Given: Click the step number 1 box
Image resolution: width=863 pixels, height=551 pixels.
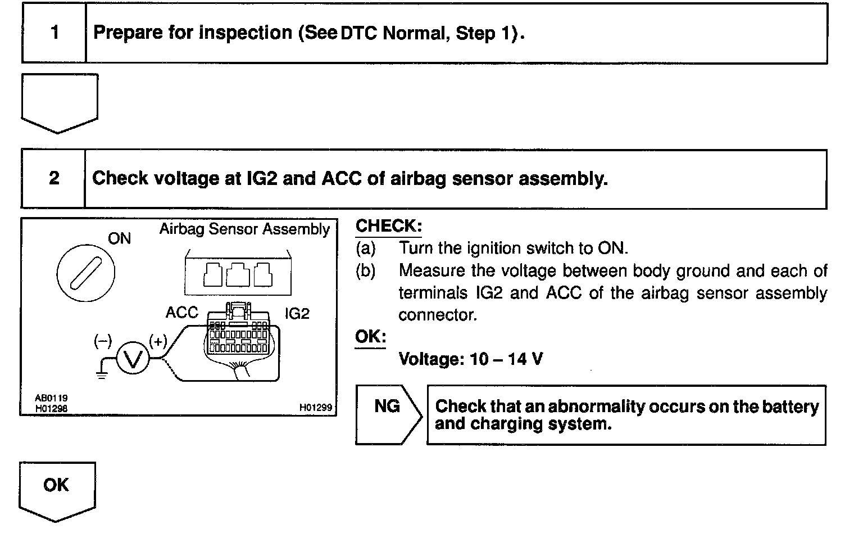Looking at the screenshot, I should [54, 33].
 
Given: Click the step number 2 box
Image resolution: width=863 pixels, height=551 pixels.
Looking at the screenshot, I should [54, 179].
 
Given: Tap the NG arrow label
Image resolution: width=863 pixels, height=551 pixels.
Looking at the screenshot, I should [387, 407].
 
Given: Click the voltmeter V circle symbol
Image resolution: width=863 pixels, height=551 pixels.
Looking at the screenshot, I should [133, 358].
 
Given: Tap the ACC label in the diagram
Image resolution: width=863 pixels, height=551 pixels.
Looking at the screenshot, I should [181, 313].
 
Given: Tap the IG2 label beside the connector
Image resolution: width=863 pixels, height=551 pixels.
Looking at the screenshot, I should [297, 313].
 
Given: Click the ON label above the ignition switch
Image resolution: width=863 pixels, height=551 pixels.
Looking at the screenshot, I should [119, 239].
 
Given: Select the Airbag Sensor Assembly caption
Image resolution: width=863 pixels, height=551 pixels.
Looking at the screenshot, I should [244, 229].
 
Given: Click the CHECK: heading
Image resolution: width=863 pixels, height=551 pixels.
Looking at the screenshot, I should [388, 226].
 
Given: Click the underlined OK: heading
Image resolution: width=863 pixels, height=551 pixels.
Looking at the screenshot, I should [370, 337].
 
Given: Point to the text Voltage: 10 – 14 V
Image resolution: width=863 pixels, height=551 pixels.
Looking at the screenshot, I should [470, 359].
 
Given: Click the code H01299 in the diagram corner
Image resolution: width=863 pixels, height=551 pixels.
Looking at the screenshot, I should [316, 408].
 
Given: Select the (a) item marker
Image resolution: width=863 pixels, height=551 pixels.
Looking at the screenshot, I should [365, 248].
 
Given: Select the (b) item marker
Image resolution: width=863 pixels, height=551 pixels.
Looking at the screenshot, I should [365, 270].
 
